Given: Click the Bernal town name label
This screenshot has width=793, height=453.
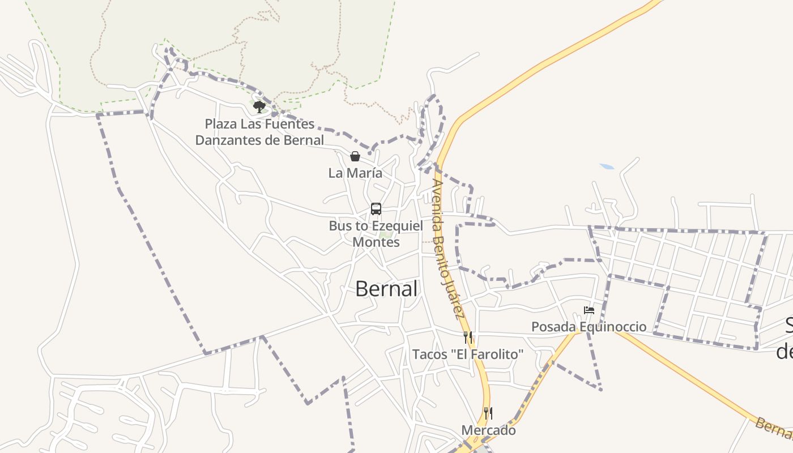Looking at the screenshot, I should click(x=386, y=289).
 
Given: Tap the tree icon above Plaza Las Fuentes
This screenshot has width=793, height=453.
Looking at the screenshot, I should click(x=259, y=106).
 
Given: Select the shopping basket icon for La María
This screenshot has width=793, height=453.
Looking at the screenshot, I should click(x=355, y=156).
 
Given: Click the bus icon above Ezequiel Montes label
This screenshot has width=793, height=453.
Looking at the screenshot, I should click(x=376, y=209).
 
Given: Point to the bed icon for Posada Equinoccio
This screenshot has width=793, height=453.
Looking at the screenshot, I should click(x=589, y=310).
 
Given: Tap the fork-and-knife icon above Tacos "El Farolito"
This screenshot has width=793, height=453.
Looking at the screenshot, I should click(x=468, y=338).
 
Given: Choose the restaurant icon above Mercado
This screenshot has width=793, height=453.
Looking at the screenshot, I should click(x=488, y=413).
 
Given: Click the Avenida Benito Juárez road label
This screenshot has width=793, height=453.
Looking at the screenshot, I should click(x=447, y=249).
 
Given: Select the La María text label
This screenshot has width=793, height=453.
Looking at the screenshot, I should click(x=355, y=173).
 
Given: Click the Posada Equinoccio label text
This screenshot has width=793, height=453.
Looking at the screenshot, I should click(x=589, y=327).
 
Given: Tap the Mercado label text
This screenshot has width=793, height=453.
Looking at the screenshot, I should click(x=488, y=430).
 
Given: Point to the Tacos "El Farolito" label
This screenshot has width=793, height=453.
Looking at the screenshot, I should click(x=468, y=354).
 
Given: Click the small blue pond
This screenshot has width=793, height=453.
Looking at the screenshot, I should click(x=607, y=166).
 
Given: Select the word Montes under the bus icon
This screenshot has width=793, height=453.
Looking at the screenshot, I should click(x=376, y=242).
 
